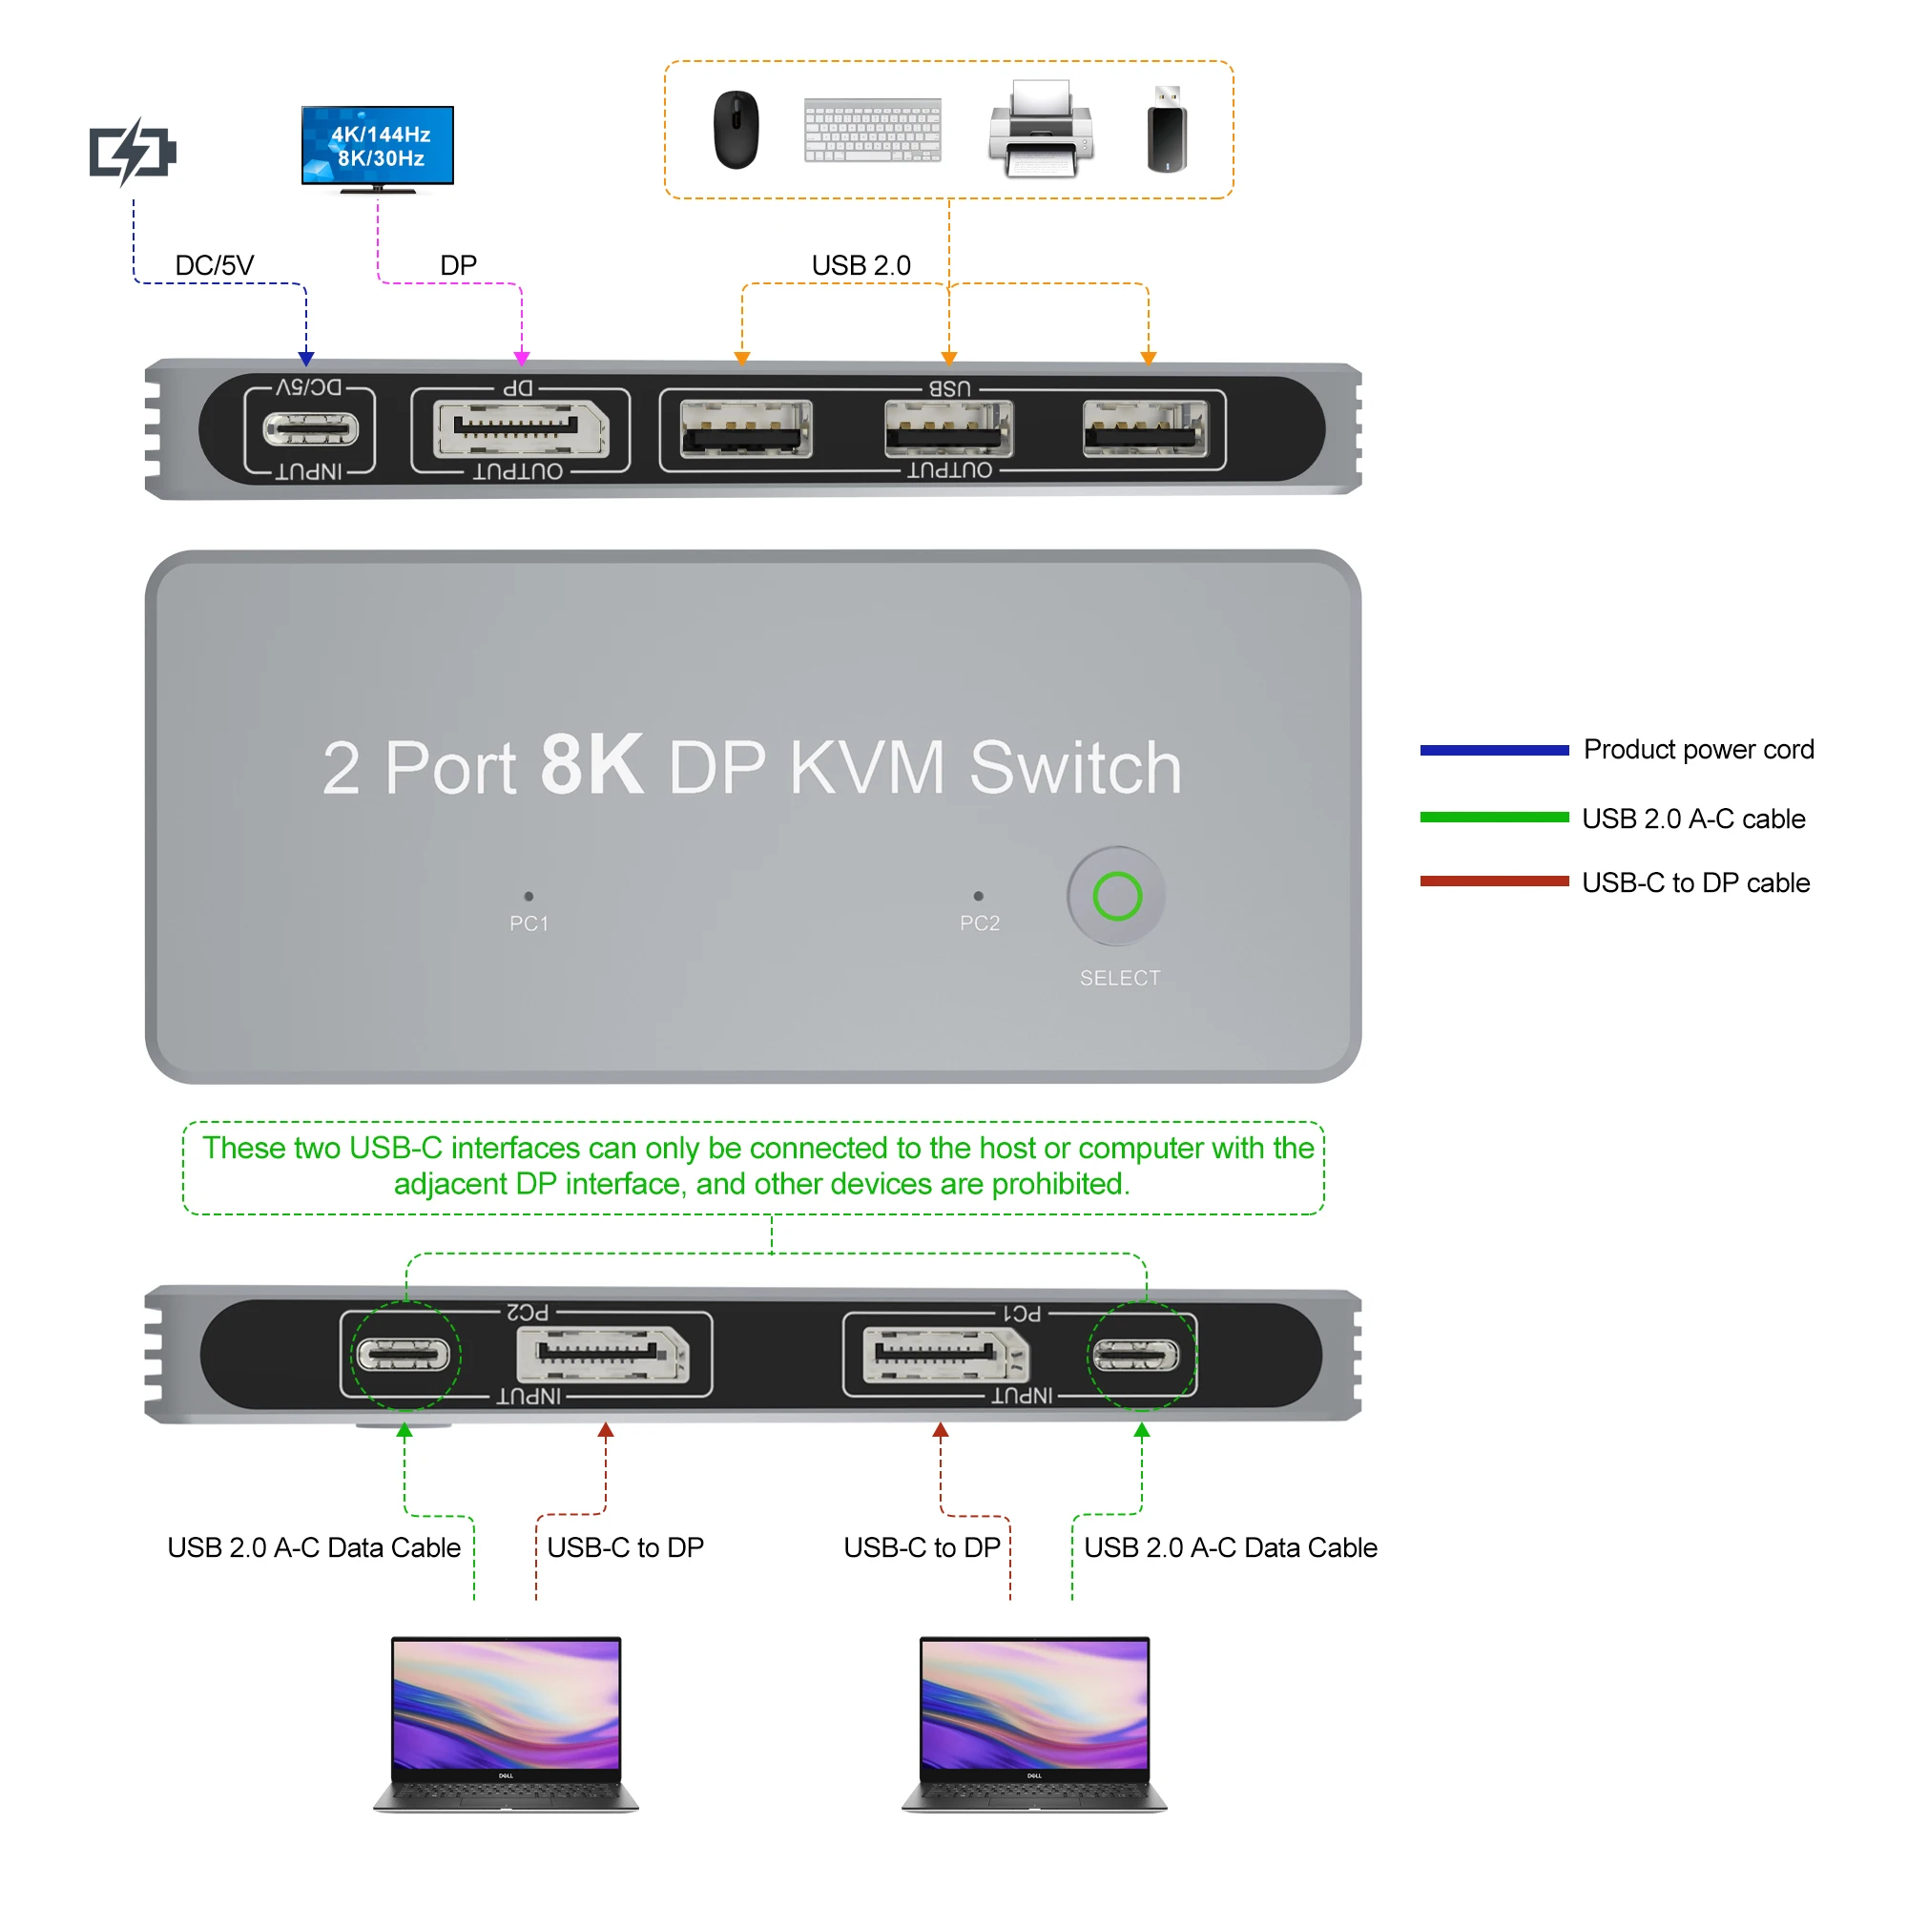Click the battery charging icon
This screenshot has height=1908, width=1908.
tap(133, 151)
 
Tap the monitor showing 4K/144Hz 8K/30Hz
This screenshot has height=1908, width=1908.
tap(377, 146)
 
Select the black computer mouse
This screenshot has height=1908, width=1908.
tap(736, 130)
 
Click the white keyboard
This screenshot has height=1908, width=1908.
tap(872, 130)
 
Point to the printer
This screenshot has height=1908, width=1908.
tap(1041, 130)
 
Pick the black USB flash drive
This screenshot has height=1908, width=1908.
tap(1167, 130)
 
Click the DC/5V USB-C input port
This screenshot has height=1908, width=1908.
tap(310, 429)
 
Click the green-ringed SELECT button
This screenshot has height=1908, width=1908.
tap(1117, 896)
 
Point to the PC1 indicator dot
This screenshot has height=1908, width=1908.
tap(529, 896)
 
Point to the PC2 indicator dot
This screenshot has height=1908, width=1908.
tap(978, 896)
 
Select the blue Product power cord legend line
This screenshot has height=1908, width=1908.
tap(1493, 751)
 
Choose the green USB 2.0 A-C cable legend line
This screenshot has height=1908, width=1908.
tap(1493, 817)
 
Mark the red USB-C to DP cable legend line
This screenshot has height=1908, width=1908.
tap(1493, 881)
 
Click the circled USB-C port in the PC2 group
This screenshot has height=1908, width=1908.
tap(404, 1355)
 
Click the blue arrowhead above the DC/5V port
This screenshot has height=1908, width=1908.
tap(306, 359)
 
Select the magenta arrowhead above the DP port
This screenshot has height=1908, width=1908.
tap(522, 359)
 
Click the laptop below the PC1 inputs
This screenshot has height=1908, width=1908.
tap(1034, 1723)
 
